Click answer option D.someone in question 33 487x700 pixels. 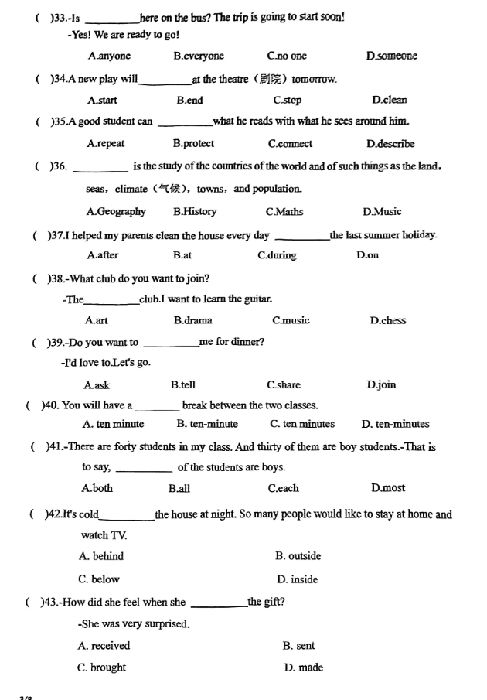click(391, 56)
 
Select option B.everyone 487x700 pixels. click(199, 56)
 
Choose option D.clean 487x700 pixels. click(389, 101)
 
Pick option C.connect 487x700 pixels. click(290, 144)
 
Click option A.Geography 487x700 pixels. click(116, 212)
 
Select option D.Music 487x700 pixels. click(382, 212)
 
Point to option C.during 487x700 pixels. click(277, 256)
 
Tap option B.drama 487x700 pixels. click(192, 321)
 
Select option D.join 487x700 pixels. click(381, 384)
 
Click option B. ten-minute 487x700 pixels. click(207, 424)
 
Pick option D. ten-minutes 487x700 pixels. click(395, 424)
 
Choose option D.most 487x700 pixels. click(387, 488)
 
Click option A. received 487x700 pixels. click(104, 646)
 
